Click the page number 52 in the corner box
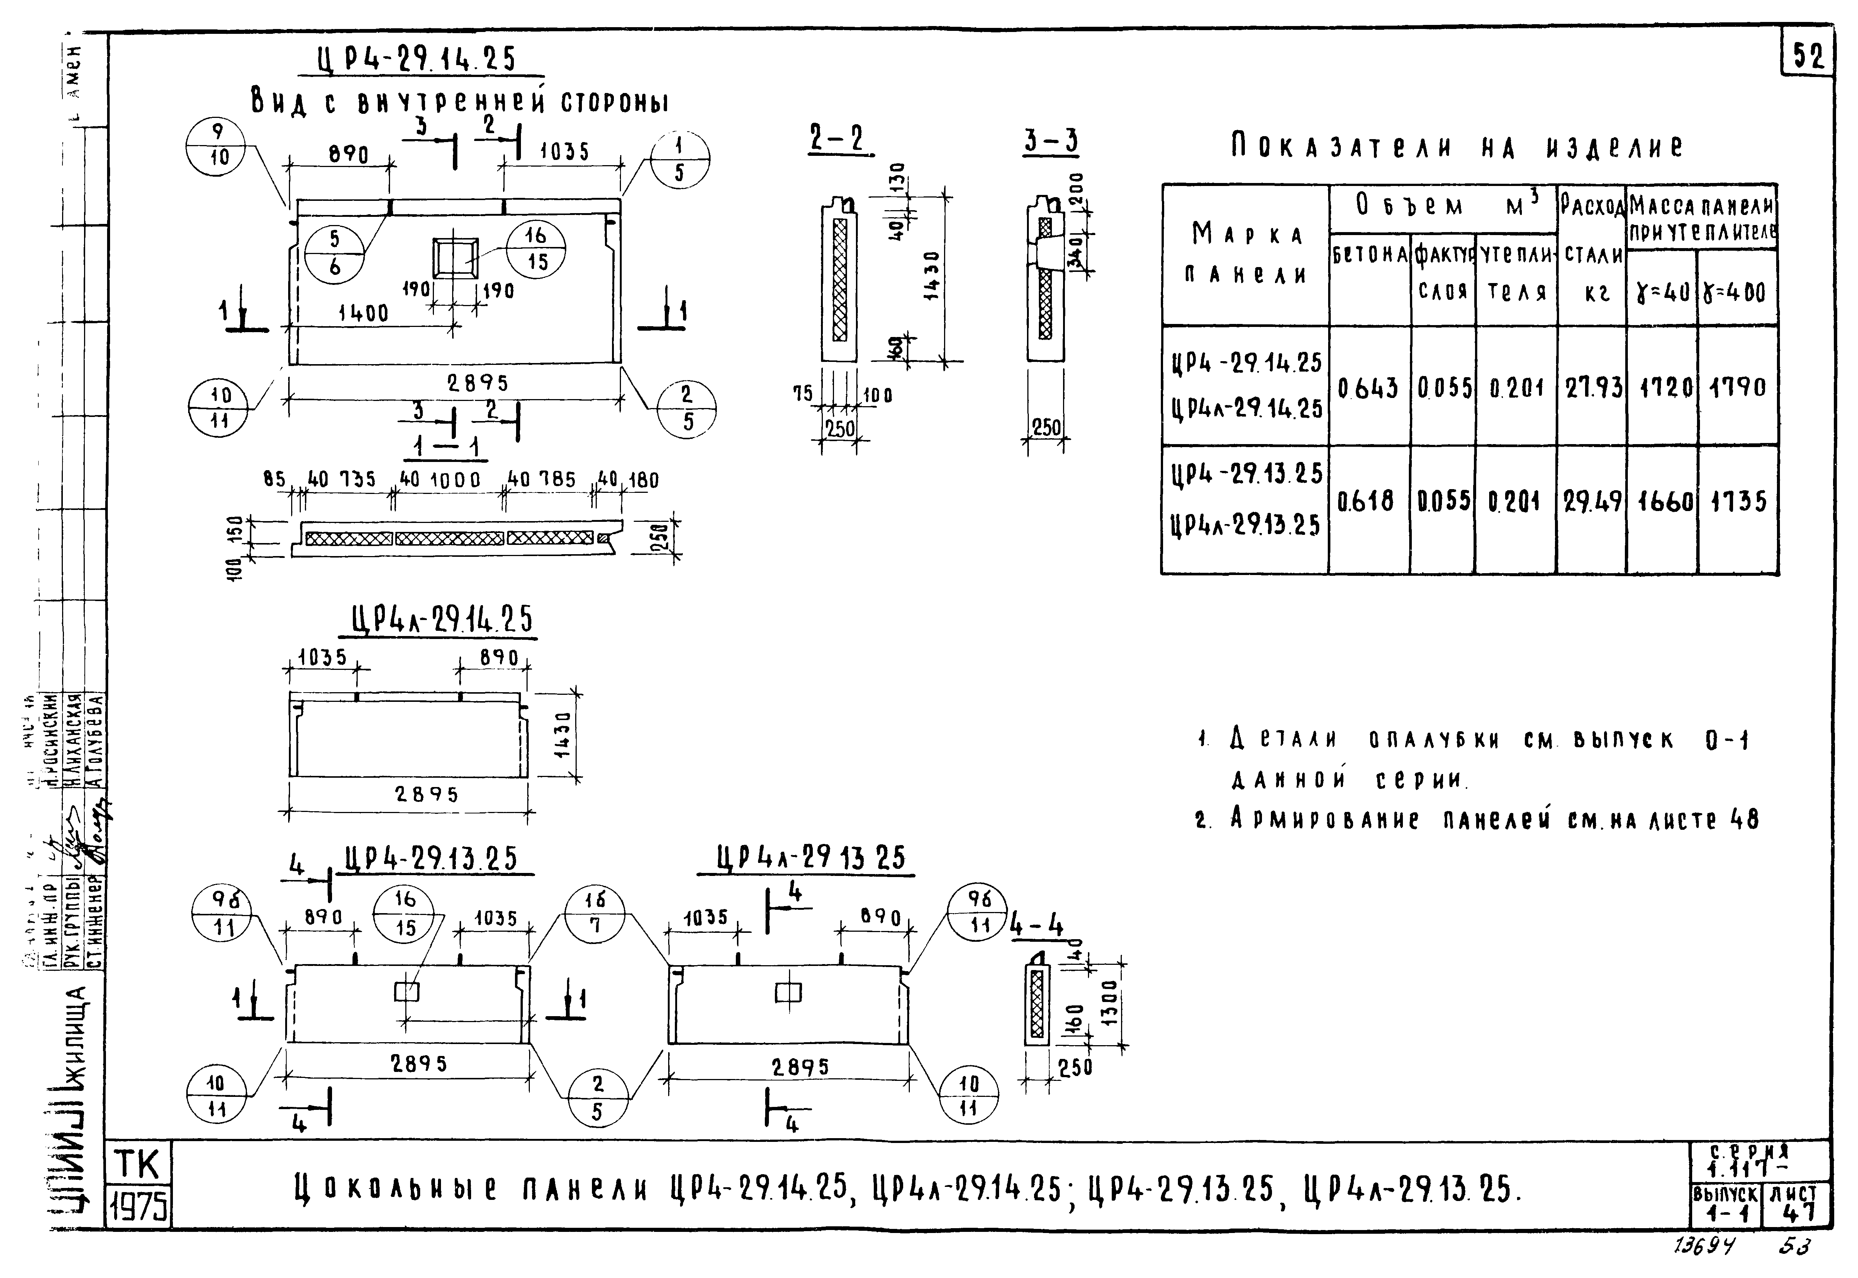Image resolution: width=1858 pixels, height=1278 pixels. coord(1809,57)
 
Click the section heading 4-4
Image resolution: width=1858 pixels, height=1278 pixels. coord(1037,927)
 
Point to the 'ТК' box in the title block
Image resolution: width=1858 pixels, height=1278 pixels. coord(138,1165)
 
